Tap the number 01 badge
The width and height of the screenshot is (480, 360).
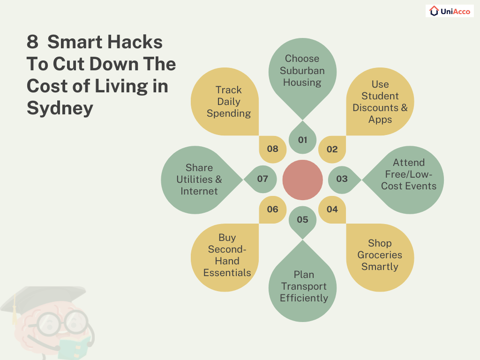[x=302, y=140]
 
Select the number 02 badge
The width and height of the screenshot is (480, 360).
[x=332, y=150]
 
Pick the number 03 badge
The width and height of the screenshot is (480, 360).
[x=342, y=179]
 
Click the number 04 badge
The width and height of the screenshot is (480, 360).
[x=332, y=209]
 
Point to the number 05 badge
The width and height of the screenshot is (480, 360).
[x=302, y=219]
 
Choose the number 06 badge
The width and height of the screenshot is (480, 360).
[x=272, y=209]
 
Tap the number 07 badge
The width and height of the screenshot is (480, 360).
[x=262, y=179]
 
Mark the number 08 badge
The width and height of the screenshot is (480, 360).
[x=272, y=150]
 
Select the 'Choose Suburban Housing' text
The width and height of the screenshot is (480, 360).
[x=302, y=70]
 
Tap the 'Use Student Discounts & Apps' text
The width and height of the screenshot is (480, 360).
[x=380, y=102]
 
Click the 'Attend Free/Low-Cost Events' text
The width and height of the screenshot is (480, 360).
[x=409, y=174]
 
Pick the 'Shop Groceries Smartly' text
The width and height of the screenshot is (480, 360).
[x=380, y=255]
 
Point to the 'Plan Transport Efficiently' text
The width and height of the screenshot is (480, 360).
[x=304, y=286]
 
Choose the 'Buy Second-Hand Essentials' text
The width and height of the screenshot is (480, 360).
[x=227, y=255]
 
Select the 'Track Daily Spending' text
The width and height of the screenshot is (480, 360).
[x=229, y=101]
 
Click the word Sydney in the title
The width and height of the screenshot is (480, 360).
[x=60, y=108]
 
